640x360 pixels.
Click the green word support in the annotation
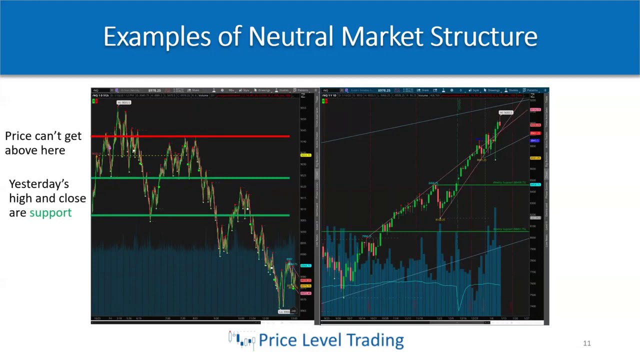point(50,212)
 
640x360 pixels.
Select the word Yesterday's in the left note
point(39,183)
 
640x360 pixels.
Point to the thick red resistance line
point(190,136)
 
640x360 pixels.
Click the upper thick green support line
point(190,177)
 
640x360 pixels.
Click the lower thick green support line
point(190,215)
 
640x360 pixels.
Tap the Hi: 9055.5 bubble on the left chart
point(123,102)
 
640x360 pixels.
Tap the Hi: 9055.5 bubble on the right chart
point(505,112)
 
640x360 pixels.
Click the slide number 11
point(587,343)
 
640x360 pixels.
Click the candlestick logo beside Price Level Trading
point(241,339)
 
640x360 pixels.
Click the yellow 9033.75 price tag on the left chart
point(305,155)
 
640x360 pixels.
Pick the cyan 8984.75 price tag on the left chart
point(305,265)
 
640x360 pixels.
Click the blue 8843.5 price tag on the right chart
point(535,140)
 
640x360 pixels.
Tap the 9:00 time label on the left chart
point(216,318)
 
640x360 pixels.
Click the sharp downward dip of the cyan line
point(459,302)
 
